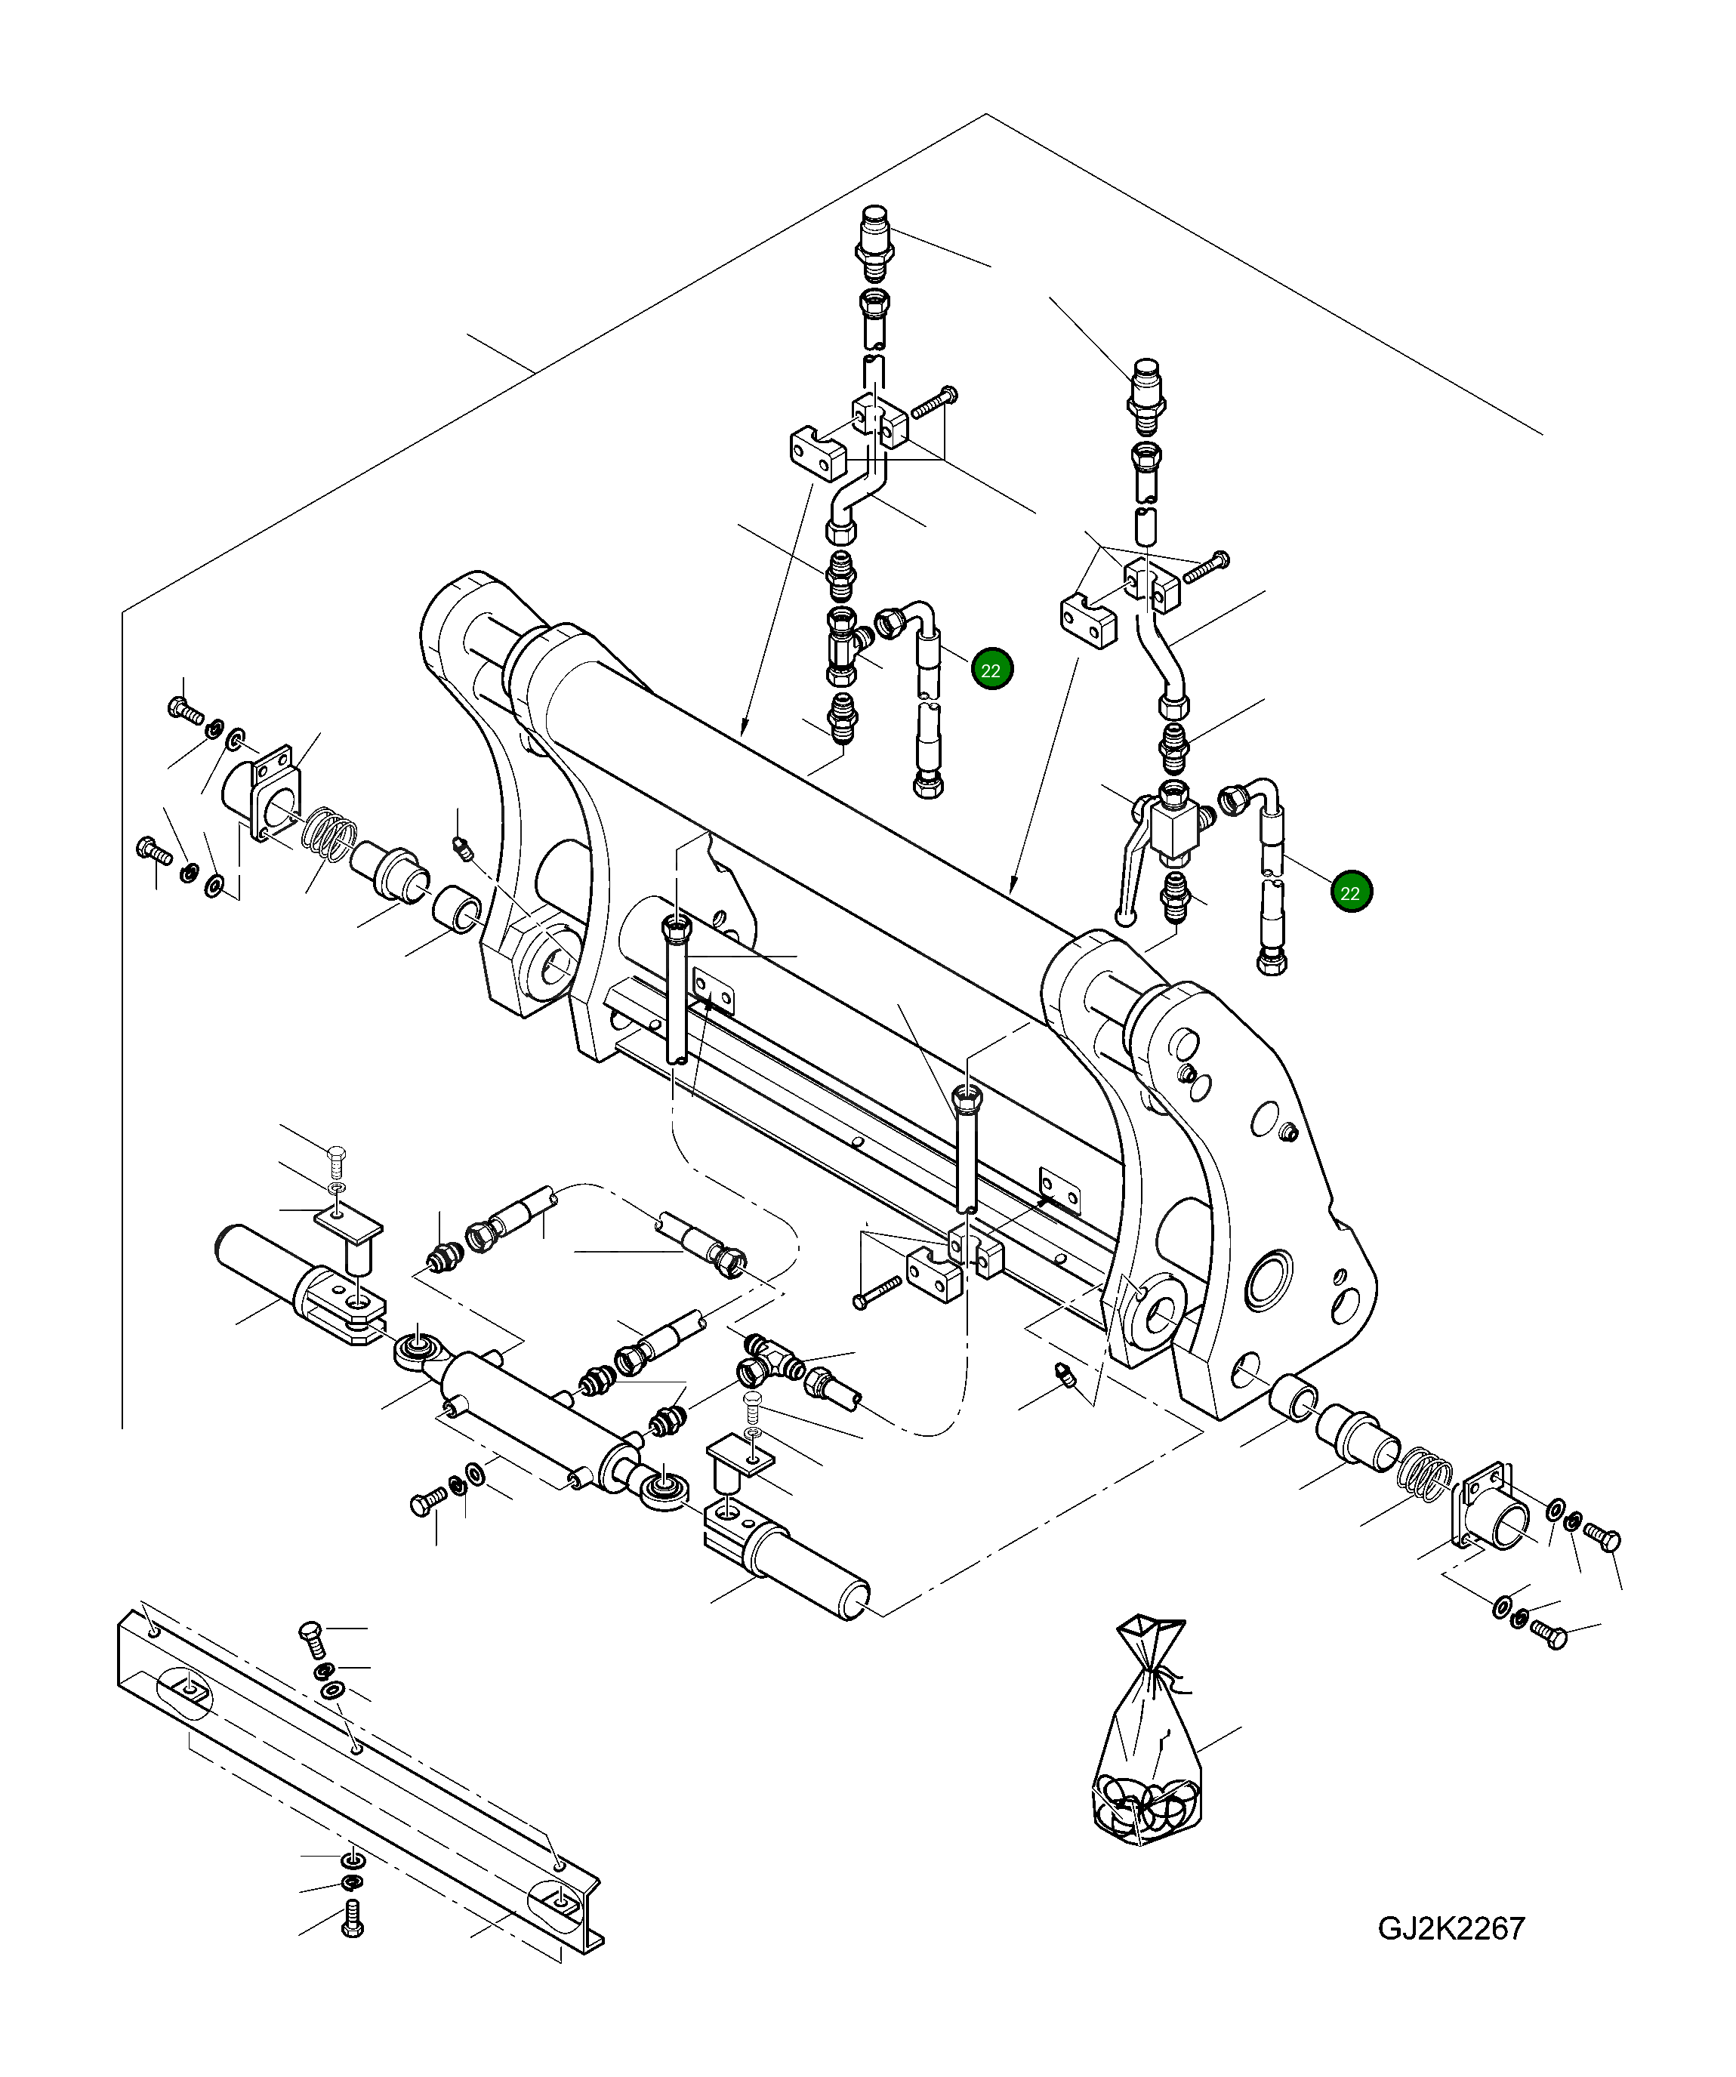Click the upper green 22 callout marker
tap(991, 670)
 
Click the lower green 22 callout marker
tap(1350, 892)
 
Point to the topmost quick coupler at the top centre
tap(874, 242)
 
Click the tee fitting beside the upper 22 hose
tap(843, 648)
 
